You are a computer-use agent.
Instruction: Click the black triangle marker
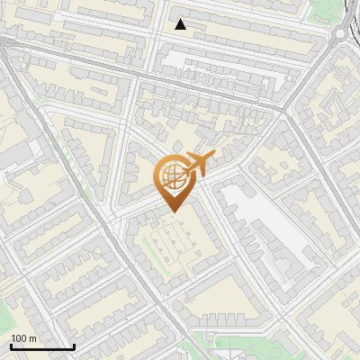(x=181, y=24)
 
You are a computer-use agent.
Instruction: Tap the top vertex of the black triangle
(x=181, y=19)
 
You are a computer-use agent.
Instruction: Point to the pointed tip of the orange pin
(x=171, y=212)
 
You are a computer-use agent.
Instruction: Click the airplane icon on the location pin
(x=198, y=165)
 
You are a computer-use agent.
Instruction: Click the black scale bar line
(x=42, y=347)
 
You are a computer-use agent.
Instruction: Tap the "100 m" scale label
(x=24, y=338)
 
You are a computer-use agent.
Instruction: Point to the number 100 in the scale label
(x=20, y=338)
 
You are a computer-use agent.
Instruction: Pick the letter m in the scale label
(x=32, y=338)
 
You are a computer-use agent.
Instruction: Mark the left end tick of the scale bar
(x=11, y=346)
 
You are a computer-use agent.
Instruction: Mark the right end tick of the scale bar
(x=74, y=346)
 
